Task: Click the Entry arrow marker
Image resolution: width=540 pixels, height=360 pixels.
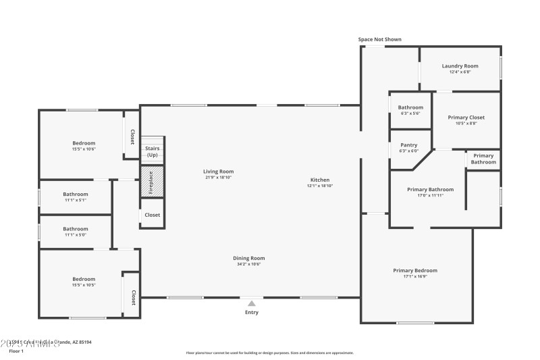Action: pyautogui.click(x=252, y=304)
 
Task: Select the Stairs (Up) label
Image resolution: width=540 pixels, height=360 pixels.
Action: pyautogui.click(x=153, y=151)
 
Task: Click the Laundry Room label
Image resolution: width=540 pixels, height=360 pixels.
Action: pyautogui.click(x=460, y=66)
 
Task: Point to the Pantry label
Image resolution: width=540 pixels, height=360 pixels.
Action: pyautogui.click(x=408, y=145)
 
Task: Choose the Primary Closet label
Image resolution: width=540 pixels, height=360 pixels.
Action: pyautogui.click(x=466, y=118)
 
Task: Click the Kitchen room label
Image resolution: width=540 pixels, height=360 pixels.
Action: pyautogui.click(x=320, y=180)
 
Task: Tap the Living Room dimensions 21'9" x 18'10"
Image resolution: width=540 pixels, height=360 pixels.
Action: pyautogui.click(x=218, y=178)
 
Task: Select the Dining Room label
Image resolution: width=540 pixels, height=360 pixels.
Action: pyautogui.click(x=249, y=258)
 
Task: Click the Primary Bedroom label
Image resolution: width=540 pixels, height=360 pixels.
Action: pyautogui.click(x=415, y=270)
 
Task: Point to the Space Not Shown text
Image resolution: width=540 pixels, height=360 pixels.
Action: pyautogui.click(x=379, y=40)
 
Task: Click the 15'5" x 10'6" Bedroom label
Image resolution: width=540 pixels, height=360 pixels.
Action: pyautogui.click(x=84, y=143)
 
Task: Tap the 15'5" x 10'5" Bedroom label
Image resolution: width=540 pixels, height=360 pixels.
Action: pyautogui.click(x=84, y=279)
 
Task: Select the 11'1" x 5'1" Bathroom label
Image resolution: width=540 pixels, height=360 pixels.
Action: pyautogui.click(x=76, y=195)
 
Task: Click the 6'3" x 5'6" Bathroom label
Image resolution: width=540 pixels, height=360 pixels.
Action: pyautogui.click(x=410, y=107)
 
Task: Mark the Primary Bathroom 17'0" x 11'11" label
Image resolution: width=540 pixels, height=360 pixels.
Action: pyautogui.click(x=430, y=190)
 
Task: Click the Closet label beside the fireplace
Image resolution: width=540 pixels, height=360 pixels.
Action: pyautogui.click(x=152, y=215)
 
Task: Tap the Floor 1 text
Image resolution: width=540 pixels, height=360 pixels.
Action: pyautogui.click(x=16, y=351)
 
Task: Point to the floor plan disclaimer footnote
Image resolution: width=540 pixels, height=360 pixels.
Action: pyautogui.click(x=269, y=353)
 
